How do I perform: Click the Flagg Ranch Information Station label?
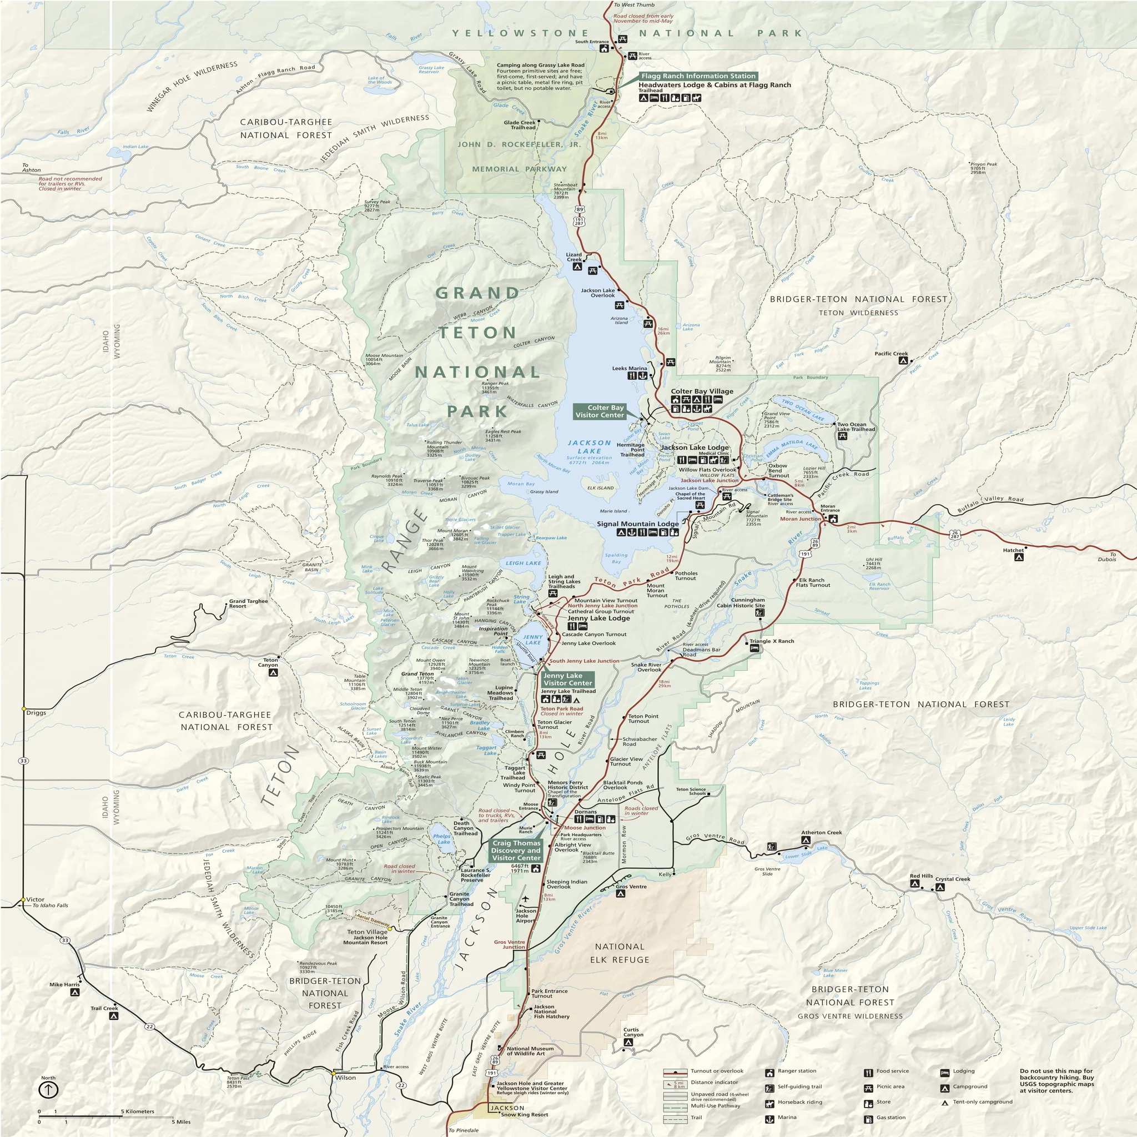(698, 76)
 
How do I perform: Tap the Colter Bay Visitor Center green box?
(599, 411)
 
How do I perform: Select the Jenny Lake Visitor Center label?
(567, 679)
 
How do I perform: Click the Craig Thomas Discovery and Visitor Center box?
(516, 851)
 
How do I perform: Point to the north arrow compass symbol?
(48, 1089)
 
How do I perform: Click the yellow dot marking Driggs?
(23, 708)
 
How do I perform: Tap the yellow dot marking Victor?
(23, 900)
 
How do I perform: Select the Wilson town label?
(345, 1078)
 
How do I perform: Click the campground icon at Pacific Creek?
(903, 361)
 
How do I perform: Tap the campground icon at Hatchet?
(1019, 557)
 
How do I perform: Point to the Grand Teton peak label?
(417, 674)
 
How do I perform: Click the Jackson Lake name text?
(589, 447)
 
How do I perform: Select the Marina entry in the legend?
(786, 1117)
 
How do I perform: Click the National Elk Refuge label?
(619, 953)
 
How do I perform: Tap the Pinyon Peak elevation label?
(983, 168)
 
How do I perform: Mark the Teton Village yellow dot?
(390, 929)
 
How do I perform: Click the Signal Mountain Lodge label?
(637, 523)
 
